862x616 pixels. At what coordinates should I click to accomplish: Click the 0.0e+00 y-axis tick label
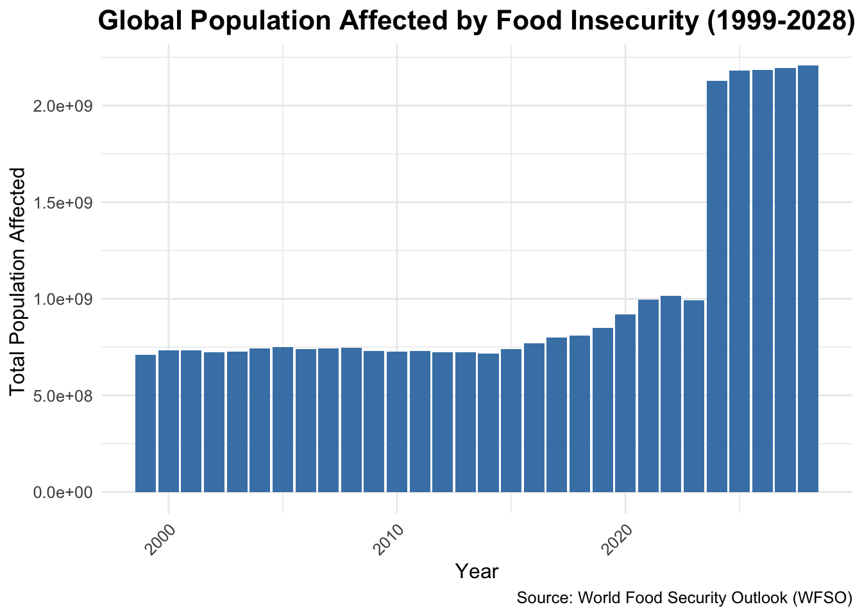click(62, 493)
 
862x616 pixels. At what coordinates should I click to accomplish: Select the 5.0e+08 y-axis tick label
click(62, 396)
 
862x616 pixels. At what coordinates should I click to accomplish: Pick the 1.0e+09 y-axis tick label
click(62, 299)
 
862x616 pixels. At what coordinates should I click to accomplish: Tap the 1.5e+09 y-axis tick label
click(62, 203)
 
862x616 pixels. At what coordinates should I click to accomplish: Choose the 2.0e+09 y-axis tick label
click(62, 106)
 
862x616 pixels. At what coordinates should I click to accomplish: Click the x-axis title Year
click(477, 571)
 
